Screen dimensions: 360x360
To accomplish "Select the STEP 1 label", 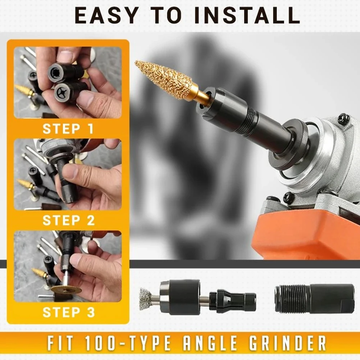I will [68, 129].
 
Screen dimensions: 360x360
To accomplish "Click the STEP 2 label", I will [68, 220].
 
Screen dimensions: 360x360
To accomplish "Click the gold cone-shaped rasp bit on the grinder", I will [164, 80].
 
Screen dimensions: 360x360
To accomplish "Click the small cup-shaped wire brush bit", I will [146, 298].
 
